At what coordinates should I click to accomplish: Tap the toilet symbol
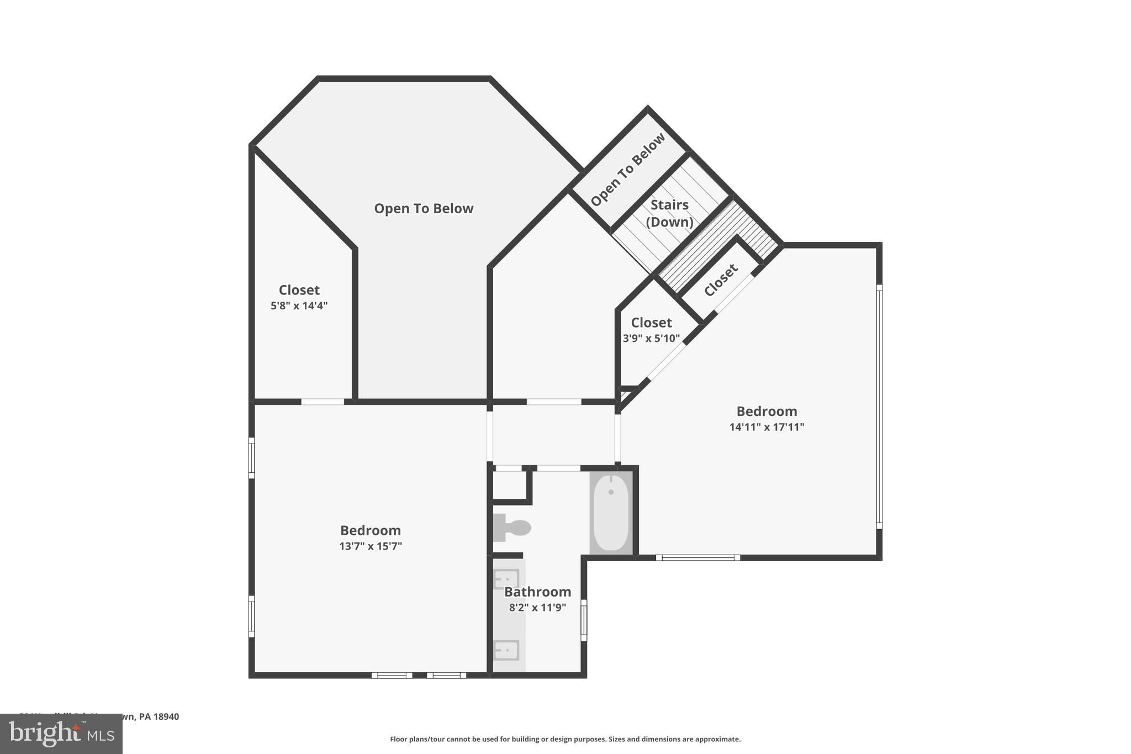pos(512,528)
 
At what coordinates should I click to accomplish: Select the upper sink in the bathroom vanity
pos(506,579)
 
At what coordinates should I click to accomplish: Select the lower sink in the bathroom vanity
pos(506,650)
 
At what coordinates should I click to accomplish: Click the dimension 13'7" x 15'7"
pos(371,546)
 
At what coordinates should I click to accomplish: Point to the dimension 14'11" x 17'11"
pos(767,427)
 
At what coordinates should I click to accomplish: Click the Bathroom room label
pos(537,592)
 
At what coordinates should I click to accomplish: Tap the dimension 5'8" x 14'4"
pos(299,305)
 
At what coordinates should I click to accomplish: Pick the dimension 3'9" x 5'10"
pos(651,338)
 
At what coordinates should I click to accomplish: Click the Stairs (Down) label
pos(669,213)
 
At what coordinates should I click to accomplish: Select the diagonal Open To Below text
pos(628,170)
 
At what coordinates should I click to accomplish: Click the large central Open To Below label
pos(424,208)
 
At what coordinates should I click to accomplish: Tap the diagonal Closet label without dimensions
pos(721,280)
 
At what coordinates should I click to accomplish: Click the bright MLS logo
pos(61,734)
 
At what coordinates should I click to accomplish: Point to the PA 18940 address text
pos(159,716)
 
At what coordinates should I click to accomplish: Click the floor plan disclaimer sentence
pos(565,739)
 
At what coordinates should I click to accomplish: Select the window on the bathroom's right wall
pos(584,620)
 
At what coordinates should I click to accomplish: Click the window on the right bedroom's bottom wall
pos(698,557)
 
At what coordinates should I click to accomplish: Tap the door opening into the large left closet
pos(323,402)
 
